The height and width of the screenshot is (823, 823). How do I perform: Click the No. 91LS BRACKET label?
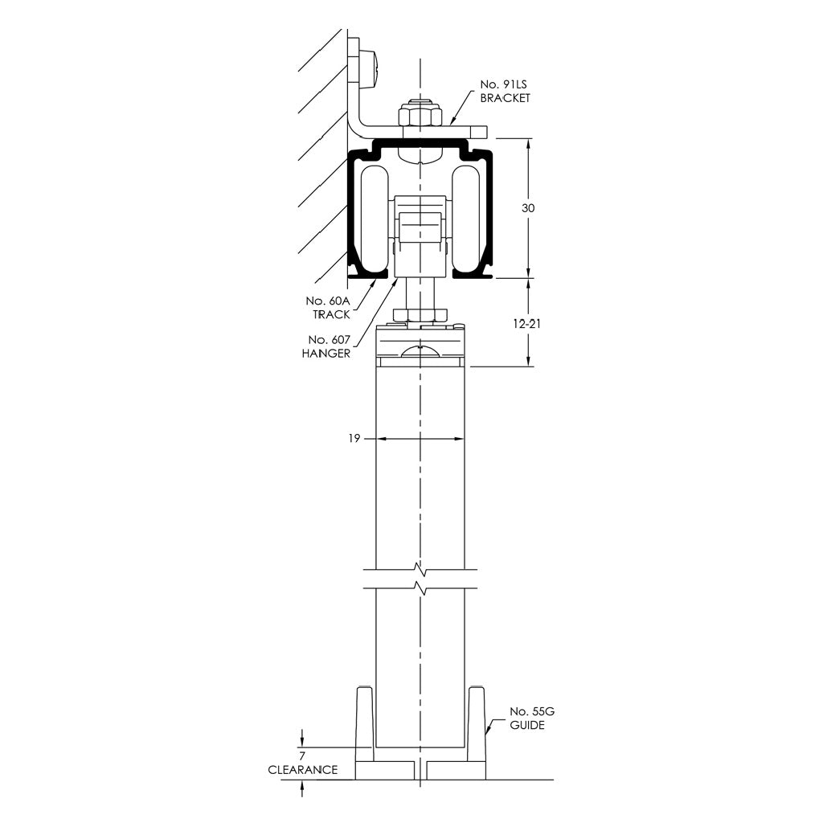(x=505, y=91)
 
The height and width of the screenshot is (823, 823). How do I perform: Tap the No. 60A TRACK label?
(x=327, y=308)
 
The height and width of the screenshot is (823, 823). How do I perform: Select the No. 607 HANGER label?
(x=326, y=346)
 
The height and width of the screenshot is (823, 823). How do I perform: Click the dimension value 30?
(x=528, y=208)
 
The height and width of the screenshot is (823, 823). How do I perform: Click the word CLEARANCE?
(x=303, y=770)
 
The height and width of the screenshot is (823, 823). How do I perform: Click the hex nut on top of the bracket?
(x=420, y=115)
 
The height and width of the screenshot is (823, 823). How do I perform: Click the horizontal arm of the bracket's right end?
(x=474, y=131)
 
